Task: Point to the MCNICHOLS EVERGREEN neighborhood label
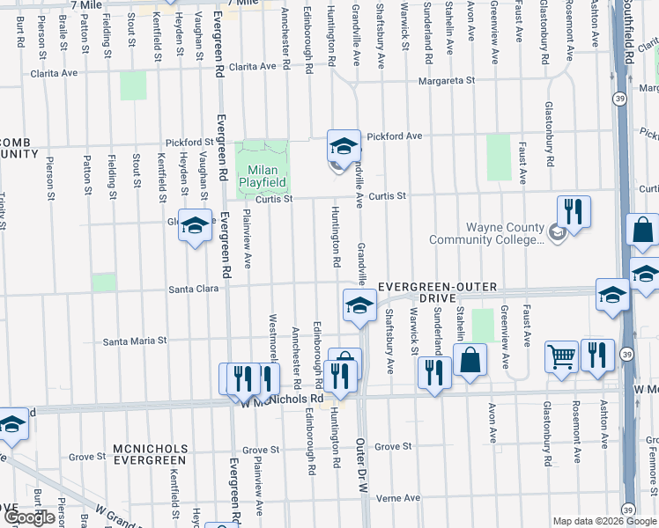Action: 150,454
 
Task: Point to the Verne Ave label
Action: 397,498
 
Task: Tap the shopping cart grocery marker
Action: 561,356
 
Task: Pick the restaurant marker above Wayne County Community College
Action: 574,211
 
